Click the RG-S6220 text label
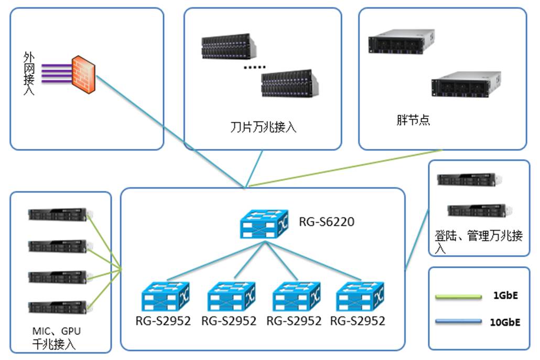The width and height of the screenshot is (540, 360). tap(327, 222)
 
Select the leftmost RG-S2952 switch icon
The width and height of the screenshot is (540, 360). tap(166, 298)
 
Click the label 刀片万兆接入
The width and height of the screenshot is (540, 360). tap(264, 127)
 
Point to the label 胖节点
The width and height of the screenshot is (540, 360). tap(413, 120)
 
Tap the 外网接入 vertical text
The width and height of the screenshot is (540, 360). tap(29, 73)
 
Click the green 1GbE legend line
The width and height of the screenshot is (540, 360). tap(458, 297)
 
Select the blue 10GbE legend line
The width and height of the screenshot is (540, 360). tap(458, 321)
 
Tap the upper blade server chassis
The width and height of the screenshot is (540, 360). tap(229, 46)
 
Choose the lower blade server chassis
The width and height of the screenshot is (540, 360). tap(290, 83)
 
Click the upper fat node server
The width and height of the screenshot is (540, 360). tap(401, 41)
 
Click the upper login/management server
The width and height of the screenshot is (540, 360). tap(466, 180)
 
